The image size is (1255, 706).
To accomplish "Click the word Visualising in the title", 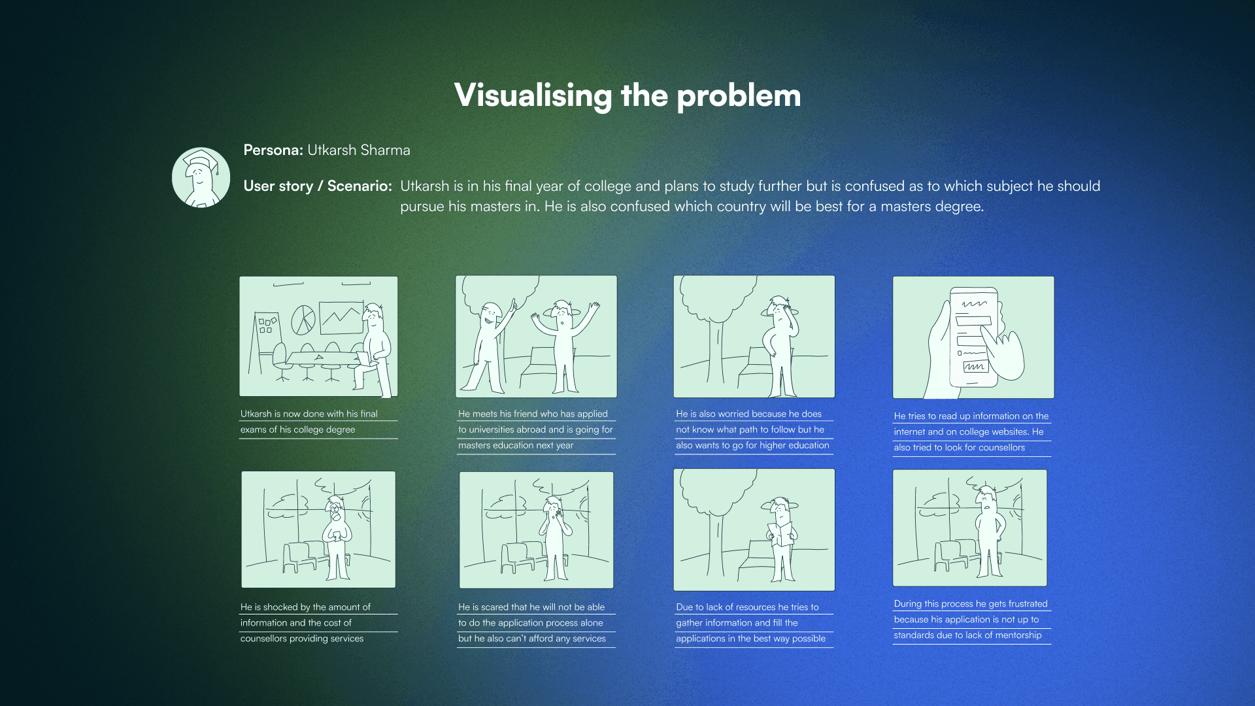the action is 533,95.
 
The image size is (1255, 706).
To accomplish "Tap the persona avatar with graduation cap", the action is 201,177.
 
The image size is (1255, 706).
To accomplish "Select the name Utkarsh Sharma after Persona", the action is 359,150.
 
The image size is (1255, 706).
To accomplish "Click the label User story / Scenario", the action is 318,186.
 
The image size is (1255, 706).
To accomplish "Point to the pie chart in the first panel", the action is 303,319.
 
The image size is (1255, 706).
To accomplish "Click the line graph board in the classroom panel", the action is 341,318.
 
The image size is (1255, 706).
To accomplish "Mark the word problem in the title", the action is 739,95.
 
